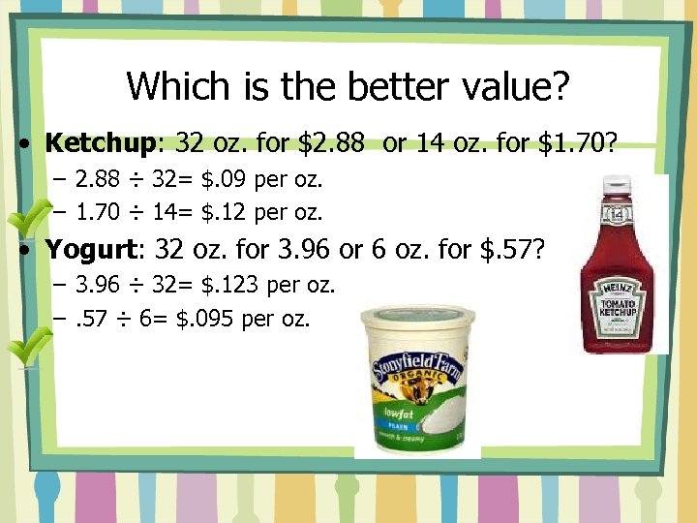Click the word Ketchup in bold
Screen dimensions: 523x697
[x=100, y=143]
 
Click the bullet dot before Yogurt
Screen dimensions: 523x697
[x=32, y=252]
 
